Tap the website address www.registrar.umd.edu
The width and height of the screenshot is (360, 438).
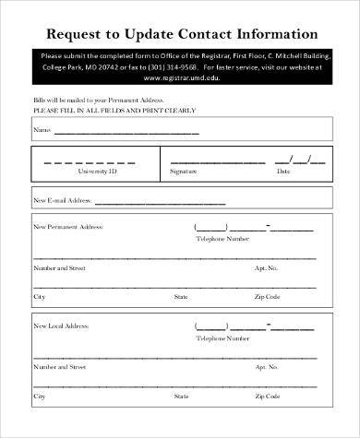(181, 77)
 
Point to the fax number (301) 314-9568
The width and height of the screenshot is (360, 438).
(219, 66)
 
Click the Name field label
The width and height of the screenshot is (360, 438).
(42, 130)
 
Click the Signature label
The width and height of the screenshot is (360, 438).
(184, 172)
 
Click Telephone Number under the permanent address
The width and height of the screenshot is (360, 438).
(222, 239)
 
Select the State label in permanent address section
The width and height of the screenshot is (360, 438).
(181, 297)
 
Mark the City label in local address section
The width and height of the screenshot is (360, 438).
(39, 397)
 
